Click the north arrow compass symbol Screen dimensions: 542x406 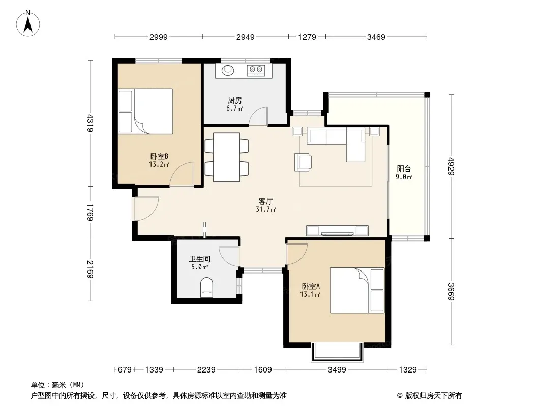click(x=28, y=23)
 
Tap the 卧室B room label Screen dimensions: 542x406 click(x=159, y=157)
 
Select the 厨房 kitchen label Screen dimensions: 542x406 click(x=235, y=100)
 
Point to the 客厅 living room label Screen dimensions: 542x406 click(x=266, y=201)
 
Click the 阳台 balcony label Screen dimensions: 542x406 click(x=404, y=168)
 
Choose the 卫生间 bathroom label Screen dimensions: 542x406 click(x=199, y=259)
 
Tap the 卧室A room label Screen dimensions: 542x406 click(x=311, y=286)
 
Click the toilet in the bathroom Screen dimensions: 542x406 click(x=207, y=287)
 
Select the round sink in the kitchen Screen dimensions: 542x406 click(x=228, y=70)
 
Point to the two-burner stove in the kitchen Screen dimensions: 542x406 click(x=256, y=70)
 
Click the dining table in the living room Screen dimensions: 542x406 click(x=227, y=157)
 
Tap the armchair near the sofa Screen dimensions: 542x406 click(x=303, y=162)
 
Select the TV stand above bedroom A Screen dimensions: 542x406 click(x=337, y=231)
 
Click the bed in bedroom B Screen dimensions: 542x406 click(x=145, y=112)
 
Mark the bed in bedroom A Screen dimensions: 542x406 click(x=357, y=290)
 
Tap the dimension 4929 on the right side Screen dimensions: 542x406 click(x=451, y=166)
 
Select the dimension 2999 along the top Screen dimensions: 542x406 click(x=159, y=37)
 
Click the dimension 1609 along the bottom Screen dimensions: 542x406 click(x=263, y=370)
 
